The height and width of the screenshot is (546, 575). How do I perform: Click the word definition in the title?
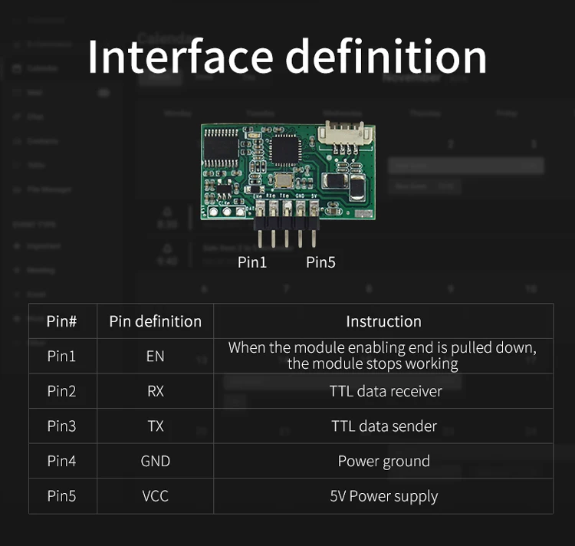pos(390,56)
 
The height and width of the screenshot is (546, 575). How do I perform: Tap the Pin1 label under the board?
pos(252,262)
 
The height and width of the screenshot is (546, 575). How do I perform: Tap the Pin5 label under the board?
pos(320,262)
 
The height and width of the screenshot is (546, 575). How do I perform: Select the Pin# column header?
pos(62,321)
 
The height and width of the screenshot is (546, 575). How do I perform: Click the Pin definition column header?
pos(155,321)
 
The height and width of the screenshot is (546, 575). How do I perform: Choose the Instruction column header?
pos(383,321)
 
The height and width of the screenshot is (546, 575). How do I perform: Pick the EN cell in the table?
pos(155,357)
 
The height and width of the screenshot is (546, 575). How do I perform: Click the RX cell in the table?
pos(155,392)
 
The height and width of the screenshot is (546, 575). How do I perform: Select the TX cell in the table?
pos(155,426)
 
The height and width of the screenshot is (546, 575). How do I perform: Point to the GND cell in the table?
pos(155,462)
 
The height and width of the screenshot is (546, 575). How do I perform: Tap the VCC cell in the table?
pos(155,496)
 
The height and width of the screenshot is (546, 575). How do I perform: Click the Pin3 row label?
pos(62,426)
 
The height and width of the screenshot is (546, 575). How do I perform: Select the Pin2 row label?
pos(62,392)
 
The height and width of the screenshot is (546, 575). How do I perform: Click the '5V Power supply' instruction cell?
pos(383,496)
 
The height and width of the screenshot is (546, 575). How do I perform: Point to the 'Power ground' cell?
pos(383,462)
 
